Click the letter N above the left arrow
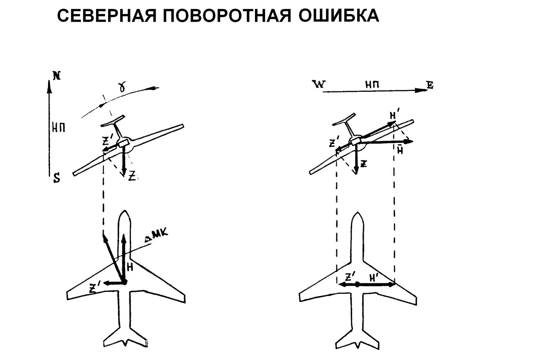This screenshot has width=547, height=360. pyautogui.click(x=57, y=76)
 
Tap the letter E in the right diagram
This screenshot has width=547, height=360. pyautogui.click(x=430, y=86)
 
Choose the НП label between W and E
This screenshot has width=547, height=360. pyautogui.click(x=371, y=84)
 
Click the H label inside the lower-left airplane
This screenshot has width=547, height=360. pyautogui.click(x=131, y=267)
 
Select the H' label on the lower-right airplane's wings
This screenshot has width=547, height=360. pyautogui.click(x=374, y=278)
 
